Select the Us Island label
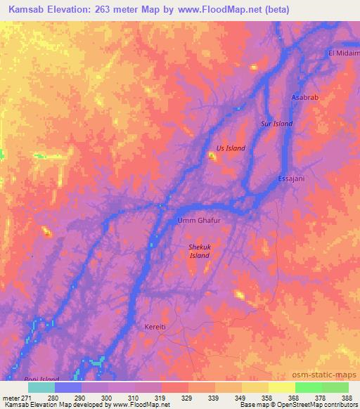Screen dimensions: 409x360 point(230,148)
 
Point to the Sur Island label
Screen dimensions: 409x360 point(276,124)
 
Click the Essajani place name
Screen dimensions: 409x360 point(290,178)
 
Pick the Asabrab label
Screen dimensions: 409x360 point(304,98)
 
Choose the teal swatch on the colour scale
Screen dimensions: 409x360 point(41,387)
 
